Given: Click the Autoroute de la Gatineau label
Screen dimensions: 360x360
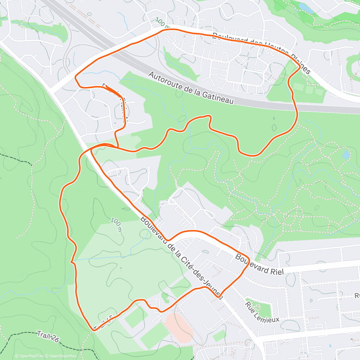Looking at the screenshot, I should click(191, 88).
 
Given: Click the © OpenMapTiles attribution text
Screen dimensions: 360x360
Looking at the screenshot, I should click(29, 356).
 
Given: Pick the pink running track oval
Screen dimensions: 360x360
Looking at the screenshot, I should click(179, 328).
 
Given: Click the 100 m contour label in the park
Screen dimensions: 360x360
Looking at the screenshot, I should click(116, 224).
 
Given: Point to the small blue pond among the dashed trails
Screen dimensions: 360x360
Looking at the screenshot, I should click(346, 155).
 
